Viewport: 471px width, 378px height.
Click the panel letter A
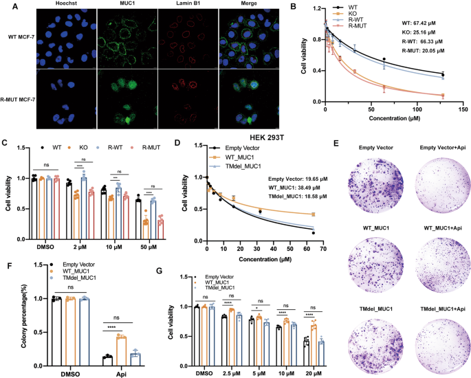coord(6,5)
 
